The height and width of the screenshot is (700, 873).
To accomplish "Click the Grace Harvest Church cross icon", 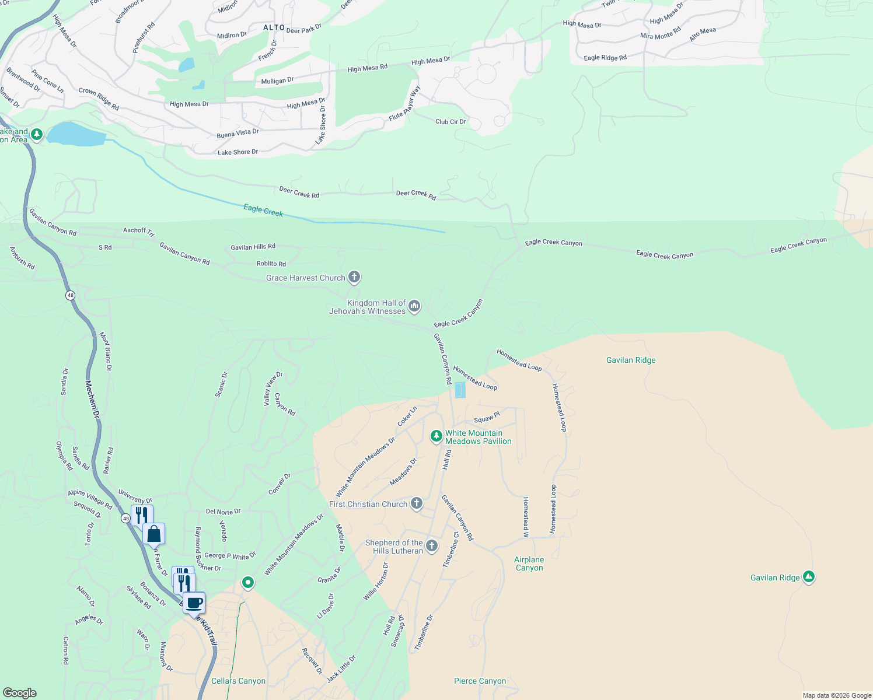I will (354, 277).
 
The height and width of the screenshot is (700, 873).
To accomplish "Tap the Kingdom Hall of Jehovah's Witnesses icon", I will (414, 306).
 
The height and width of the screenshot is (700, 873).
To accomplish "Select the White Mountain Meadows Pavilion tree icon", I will (436, 436).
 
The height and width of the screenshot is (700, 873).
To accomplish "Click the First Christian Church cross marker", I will (416, 503).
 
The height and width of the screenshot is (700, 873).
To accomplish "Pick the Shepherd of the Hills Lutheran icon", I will (431, 546).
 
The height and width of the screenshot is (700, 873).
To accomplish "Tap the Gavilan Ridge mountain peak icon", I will (808, 577).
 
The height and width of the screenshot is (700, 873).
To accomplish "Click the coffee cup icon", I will (194, 603).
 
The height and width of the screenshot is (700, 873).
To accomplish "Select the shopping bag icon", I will (154, 534).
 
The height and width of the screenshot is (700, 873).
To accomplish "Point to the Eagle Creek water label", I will (263, 211).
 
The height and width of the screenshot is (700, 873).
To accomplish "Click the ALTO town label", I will (274, 27).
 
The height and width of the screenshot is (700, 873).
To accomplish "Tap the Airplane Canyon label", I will (529, 563).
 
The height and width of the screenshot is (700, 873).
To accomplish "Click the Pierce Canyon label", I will (480, 681).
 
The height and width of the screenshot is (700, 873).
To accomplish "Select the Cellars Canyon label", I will (238, 681).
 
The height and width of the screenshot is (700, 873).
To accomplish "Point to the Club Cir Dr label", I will (451, 122).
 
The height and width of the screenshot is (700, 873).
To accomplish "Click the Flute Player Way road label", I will (405, 104).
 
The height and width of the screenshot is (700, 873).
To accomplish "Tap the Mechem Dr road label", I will (92, 399).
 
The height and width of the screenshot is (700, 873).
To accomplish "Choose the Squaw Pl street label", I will (487, 418).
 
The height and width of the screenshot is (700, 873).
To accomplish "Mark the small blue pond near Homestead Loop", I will (460, 390).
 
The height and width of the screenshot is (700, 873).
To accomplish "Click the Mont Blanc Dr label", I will (105, 352).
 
